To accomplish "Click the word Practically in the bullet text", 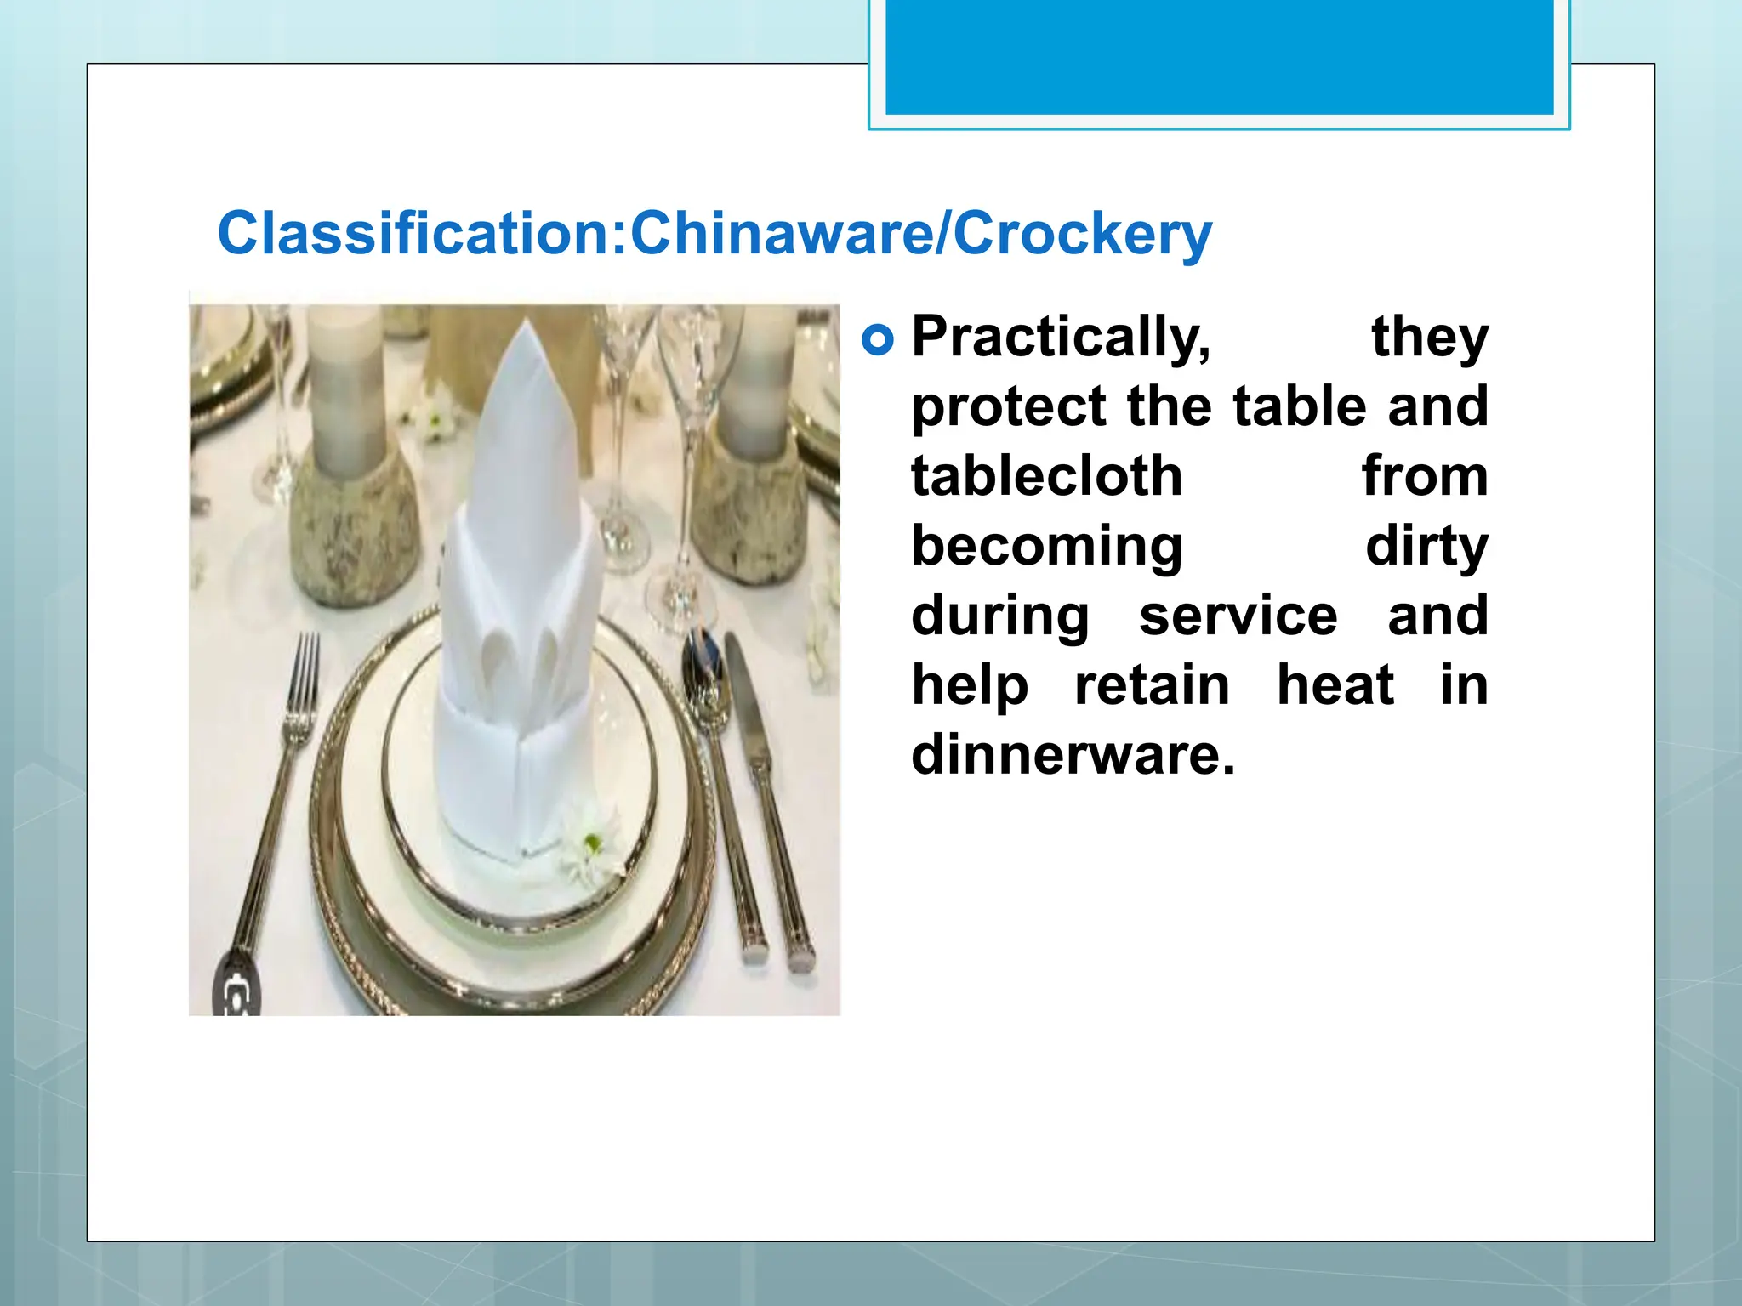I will tap(1060, 338).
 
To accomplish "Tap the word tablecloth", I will tap(1046, 476).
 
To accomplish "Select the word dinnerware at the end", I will tap(1072, 755).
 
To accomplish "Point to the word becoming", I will tap(1046, 546).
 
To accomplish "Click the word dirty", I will tap(1426, 546).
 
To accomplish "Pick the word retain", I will tap(1152, 685).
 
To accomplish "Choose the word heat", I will tap(1335, 685).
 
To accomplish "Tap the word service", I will tap(1238, 616).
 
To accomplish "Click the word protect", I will tap(1009, 407).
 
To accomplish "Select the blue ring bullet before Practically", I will tap(878, 340).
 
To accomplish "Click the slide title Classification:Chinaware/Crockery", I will tap(714, 233).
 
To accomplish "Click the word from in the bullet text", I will tap(1425, 476).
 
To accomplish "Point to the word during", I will tap(1000, 616).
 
